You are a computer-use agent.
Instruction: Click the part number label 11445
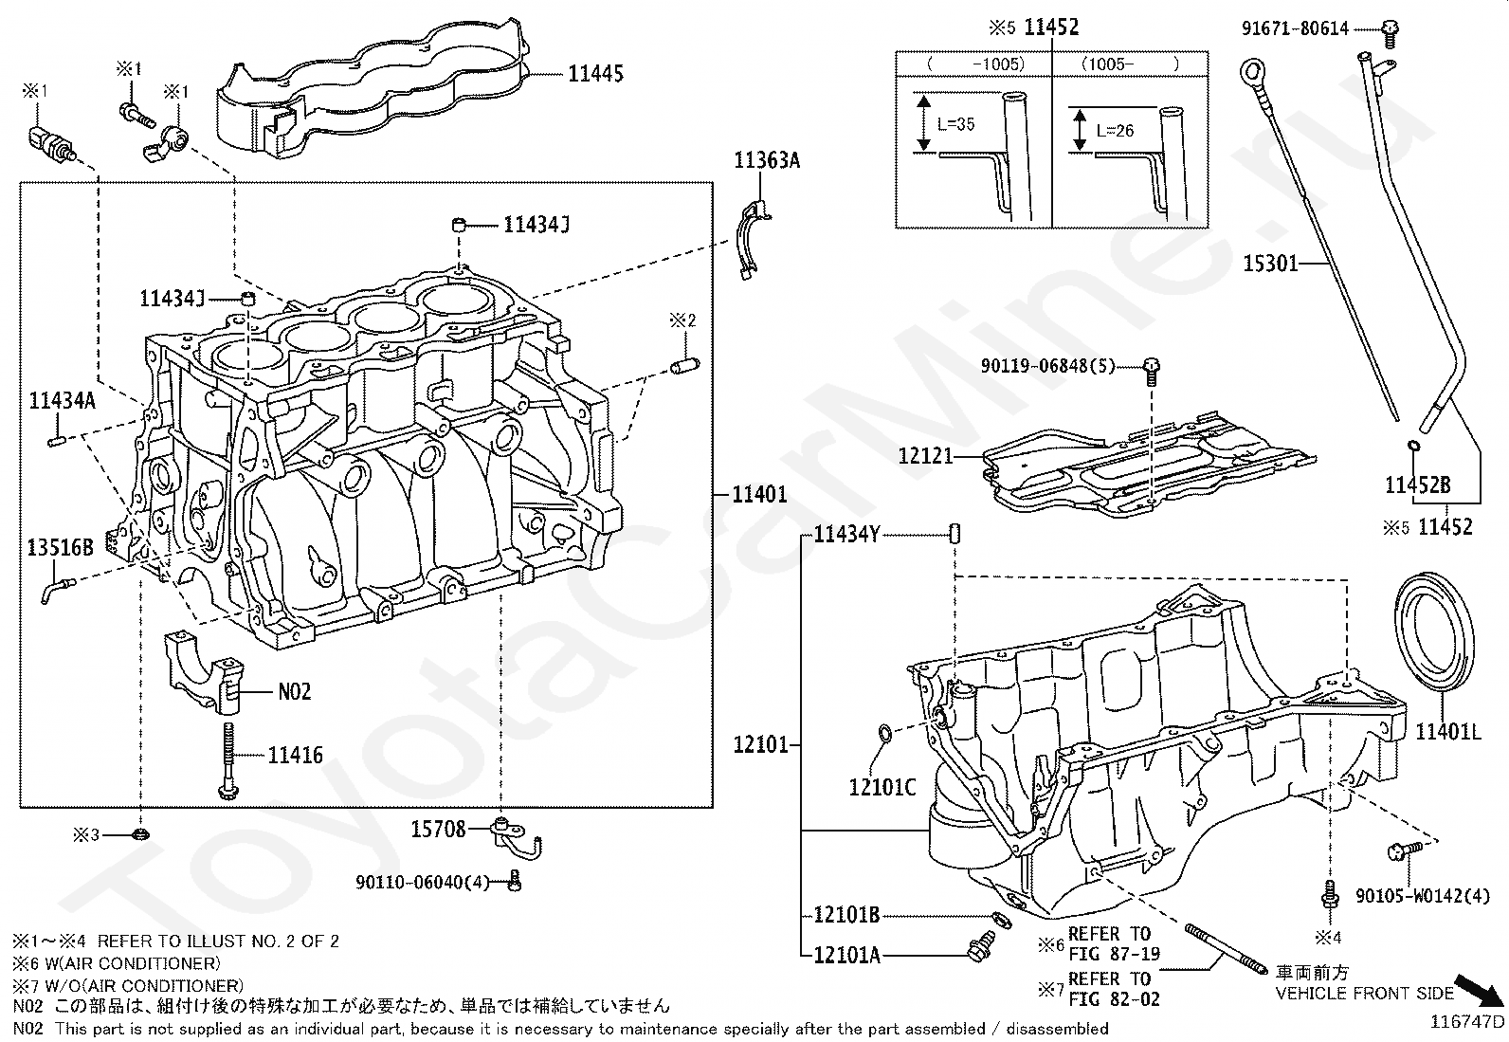(595, 73)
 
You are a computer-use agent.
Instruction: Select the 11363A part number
(767, 160)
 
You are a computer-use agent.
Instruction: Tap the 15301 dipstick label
(1270, 263)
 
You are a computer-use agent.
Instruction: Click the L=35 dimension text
(956, 124)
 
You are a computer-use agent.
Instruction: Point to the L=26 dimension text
(1115, 131)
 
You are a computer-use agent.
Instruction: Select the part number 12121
(926, 456)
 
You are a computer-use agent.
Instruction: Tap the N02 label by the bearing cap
(295, 691)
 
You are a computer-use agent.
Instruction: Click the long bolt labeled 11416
(227, 760)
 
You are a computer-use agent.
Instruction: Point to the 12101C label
(882, 787)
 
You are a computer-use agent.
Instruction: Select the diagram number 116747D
(1466, 1022)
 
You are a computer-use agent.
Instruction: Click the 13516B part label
(60, 547)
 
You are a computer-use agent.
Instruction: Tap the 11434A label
(62, 401)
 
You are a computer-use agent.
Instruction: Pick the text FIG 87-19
(1115, 954)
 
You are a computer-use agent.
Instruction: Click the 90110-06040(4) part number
(423, 883)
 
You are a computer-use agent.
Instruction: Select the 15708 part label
(438, 829)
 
